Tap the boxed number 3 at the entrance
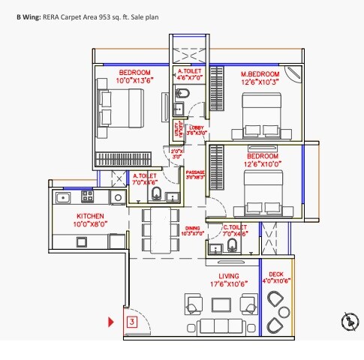click(132, 322)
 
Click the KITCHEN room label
click(70, 215)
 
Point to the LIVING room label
click(223, 276)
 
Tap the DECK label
click(276, 274)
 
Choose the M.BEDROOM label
click(260, 75)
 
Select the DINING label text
click(193, 228)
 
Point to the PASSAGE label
click(195, 172)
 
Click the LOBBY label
click(196, 128)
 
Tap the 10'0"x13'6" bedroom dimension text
click(135, 80)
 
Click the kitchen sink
click(64, 197)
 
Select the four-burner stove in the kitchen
click(87, 197)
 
